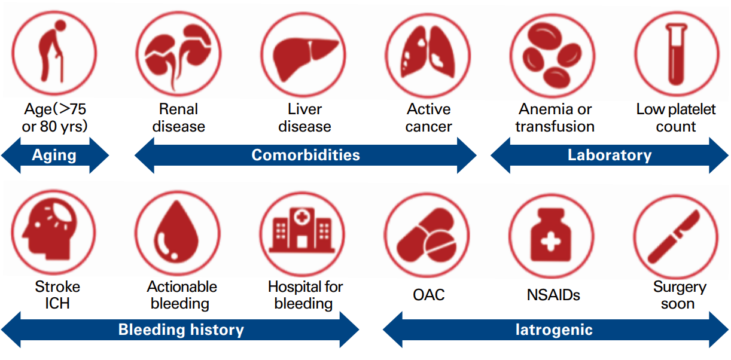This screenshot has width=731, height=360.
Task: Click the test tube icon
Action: (x=677, y=54)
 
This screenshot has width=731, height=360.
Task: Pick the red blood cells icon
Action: (x=553, y=56)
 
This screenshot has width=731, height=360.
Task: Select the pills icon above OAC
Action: (x=427, y=235)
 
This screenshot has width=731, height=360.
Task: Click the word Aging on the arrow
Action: (x=54, y=155)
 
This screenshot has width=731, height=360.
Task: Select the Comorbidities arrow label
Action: (x=306, y=155)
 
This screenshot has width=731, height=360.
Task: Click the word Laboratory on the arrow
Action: (x=610, y=155)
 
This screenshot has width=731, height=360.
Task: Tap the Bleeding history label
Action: (x=181, y=330)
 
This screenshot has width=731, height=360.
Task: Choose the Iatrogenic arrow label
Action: (x=554, y=330)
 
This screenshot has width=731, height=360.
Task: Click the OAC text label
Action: (x=428, y=295)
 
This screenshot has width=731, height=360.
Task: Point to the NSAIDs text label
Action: (x=553, y=295)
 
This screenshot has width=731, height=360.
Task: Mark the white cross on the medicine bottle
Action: (x=550, y=242)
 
